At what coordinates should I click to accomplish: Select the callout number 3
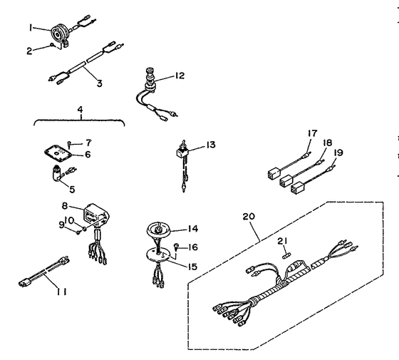point(100,83)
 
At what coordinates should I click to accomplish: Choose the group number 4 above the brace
point(78,110)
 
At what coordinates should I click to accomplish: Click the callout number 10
point(71,220)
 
